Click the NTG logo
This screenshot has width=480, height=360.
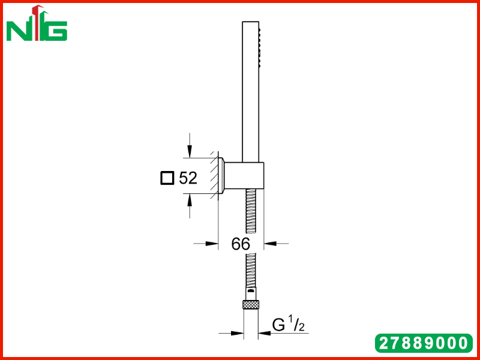pos(37,23)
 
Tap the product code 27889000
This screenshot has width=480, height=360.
pos(424,343)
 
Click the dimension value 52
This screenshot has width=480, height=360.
pos(188,178)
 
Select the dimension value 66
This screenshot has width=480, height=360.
pos(241,244)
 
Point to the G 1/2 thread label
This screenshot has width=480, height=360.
pos(289,325)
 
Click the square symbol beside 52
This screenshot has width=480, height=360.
pos(167,178)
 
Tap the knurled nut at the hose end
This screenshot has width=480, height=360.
pos(251,304)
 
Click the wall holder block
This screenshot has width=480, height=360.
pos(244,176)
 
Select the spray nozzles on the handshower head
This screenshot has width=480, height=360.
pos(260,47)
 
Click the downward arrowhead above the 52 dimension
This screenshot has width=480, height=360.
pos(190,152)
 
